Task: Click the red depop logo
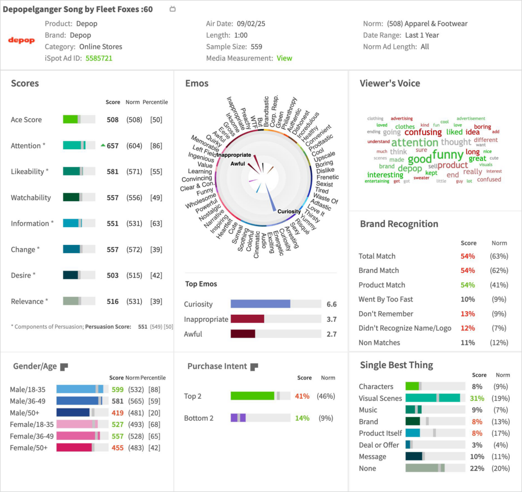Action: click(x=21, y=40)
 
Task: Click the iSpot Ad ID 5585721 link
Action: click(x=99, y=58)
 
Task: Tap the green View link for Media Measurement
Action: click(x=284, y=58)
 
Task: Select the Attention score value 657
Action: click(x=112, y=146)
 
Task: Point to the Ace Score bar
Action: click(x=79, y=119)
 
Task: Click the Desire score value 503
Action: click(x=112, y=275)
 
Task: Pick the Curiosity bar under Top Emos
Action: click(x=275, y=304)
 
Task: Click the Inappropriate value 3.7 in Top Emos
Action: click(x=331, y=319)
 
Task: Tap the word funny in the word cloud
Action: click(x=448, y=154)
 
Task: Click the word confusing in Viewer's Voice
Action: click(x=423, y=132)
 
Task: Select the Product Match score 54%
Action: click(x=467, y=285)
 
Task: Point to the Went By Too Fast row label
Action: click(x=386, y=299)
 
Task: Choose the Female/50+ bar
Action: click(x=82, y=447)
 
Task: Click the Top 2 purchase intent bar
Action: click(x=260, y=396)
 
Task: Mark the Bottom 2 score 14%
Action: click(x=302, y=418)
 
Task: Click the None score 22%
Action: click(x=477, y=468)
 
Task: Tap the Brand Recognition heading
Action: click(x=399, y=224)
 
